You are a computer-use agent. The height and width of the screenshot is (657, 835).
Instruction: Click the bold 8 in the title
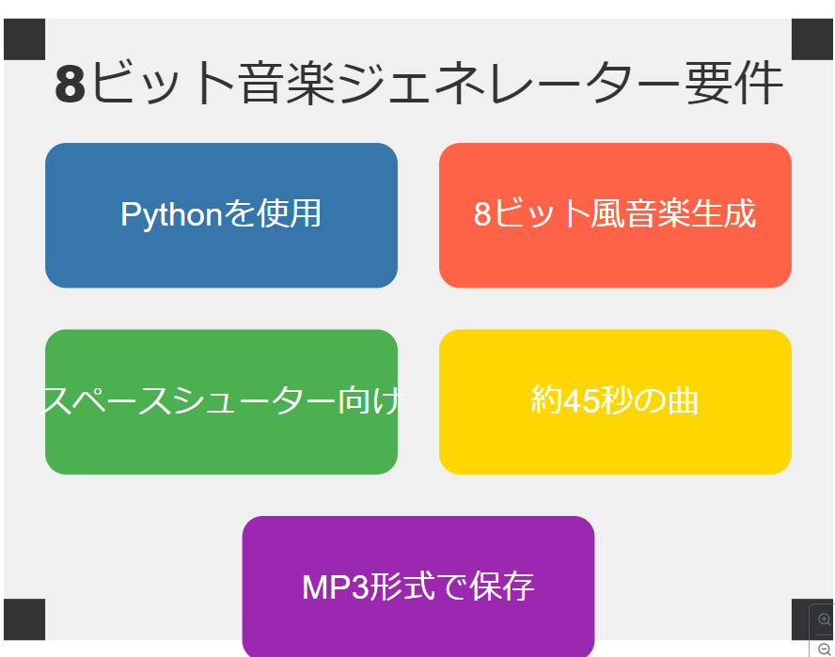click(x=71, y=84)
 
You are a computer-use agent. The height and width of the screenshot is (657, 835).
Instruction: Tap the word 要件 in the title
click(x=733, y=84)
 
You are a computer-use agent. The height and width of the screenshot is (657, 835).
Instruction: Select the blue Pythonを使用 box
click(x=222, y=215)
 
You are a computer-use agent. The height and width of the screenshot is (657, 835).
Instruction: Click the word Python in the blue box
click(x=171, y=214)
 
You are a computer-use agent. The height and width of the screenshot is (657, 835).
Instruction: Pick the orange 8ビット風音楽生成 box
click(x=615, y=215)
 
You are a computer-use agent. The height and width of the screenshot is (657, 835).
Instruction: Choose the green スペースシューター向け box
click(x=222, y=402)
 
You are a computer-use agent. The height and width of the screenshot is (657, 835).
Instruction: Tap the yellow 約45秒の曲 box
click(x=615, y=402)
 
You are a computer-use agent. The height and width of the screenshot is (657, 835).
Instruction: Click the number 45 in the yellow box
click(x=580, y=400)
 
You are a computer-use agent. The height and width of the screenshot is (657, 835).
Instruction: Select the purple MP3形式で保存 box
click(x=418, y=587)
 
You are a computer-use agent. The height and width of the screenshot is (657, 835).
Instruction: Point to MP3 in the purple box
click(x=336, y=587)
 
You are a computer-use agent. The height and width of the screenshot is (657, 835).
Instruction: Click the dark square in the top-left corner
click(x=24, y=39)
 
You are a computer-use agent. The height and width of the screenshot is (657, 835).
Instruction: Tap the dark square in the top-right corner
click(x=812, y=39)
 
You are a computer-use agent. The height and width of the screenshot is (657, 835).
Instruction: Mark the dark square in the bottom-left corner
click(x=24, y=619)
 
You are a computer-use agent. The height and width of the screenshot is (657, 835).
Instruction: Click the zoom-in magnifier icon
click(x=824, y=619)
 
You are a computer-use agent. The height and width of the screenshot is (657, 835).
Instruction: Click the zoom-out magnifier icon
click(x=824, y=649)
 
